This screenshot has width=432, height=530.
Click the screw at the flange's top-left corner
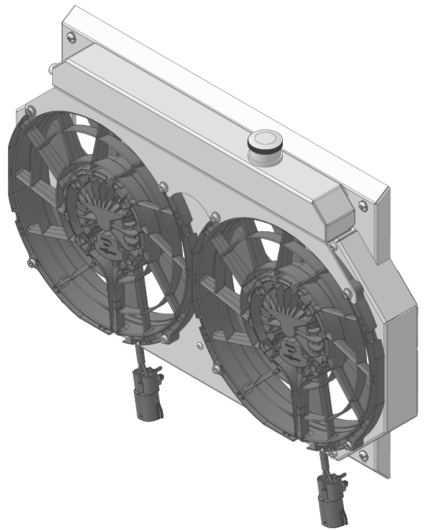pyautogui.click(x=71, y=39)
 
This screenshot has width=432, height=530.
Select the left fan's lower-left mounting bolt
pyautogui.click(x=30, y=264)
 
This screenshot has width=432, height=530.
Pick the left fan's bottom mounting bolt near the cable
pyautogui.click(x=163, y=338)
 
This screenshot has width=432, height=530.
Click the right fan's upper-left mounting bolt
pyautogui.click(x=214, y=216)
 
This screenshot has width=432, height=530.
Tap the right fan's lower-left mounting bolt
pyautogui.click(x=214, y=368)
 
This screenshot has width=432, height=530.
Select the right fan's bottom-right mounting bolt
pyautogui.click(x=347, y=444)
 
